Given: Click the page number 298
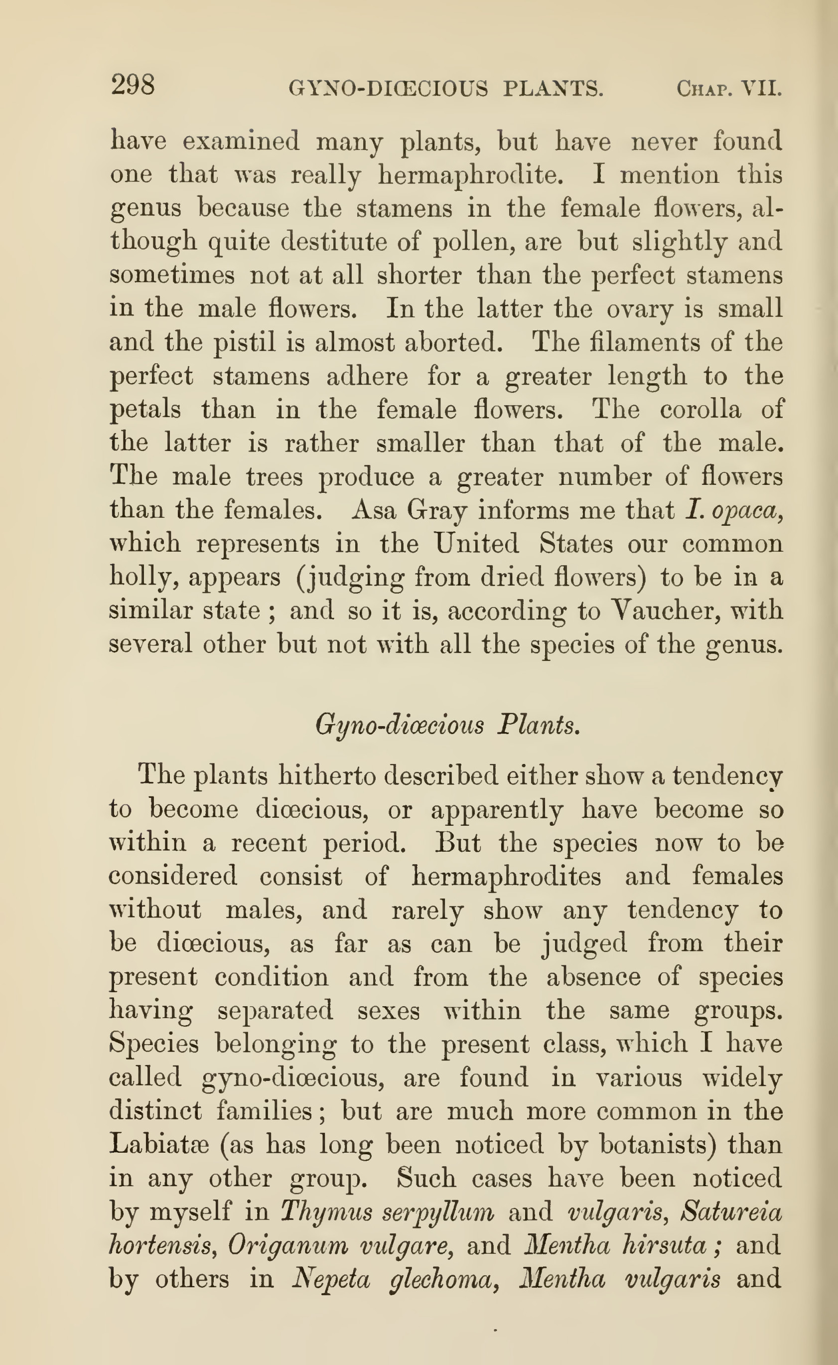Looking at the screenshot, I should (133, 85).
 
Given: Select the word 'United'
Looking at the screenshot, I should (476, 544).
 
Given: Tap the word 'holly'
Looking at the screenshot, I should (143, 578).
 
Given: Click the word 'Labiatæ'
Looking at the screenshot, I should (158, 1144).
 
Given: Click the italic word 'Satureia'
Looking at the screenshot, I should (731, 1212).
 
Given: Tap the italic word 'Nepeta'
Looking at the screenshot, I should (330, 1280).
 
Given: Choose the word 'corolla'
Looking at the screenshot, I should (700, 410).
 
